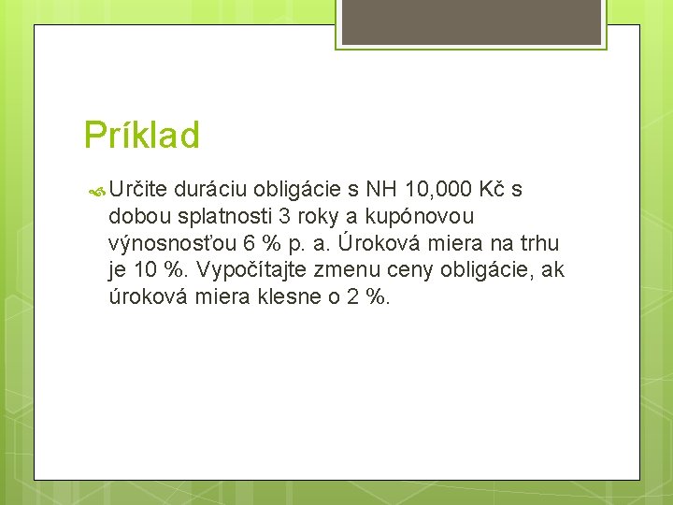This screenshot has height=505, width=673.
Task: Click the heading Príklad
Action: tap(141, 136)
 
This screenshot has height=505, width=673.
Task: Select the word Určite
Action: tap(137, 190)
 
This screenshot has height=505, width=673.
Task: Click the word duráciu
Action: tap(210, 190)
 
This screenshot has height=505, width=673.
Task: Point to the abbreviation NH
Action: tap(382, 190)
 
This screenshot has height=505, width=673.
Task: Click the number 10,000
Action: tap(438, 190)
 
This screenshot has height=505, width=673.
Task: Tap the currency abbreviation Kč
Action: tap(493, 190)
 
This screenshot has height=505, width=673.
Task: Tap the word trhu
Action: tap(537, 244)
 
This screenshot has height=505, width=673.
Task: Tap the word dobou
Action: tap(137, 217)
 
